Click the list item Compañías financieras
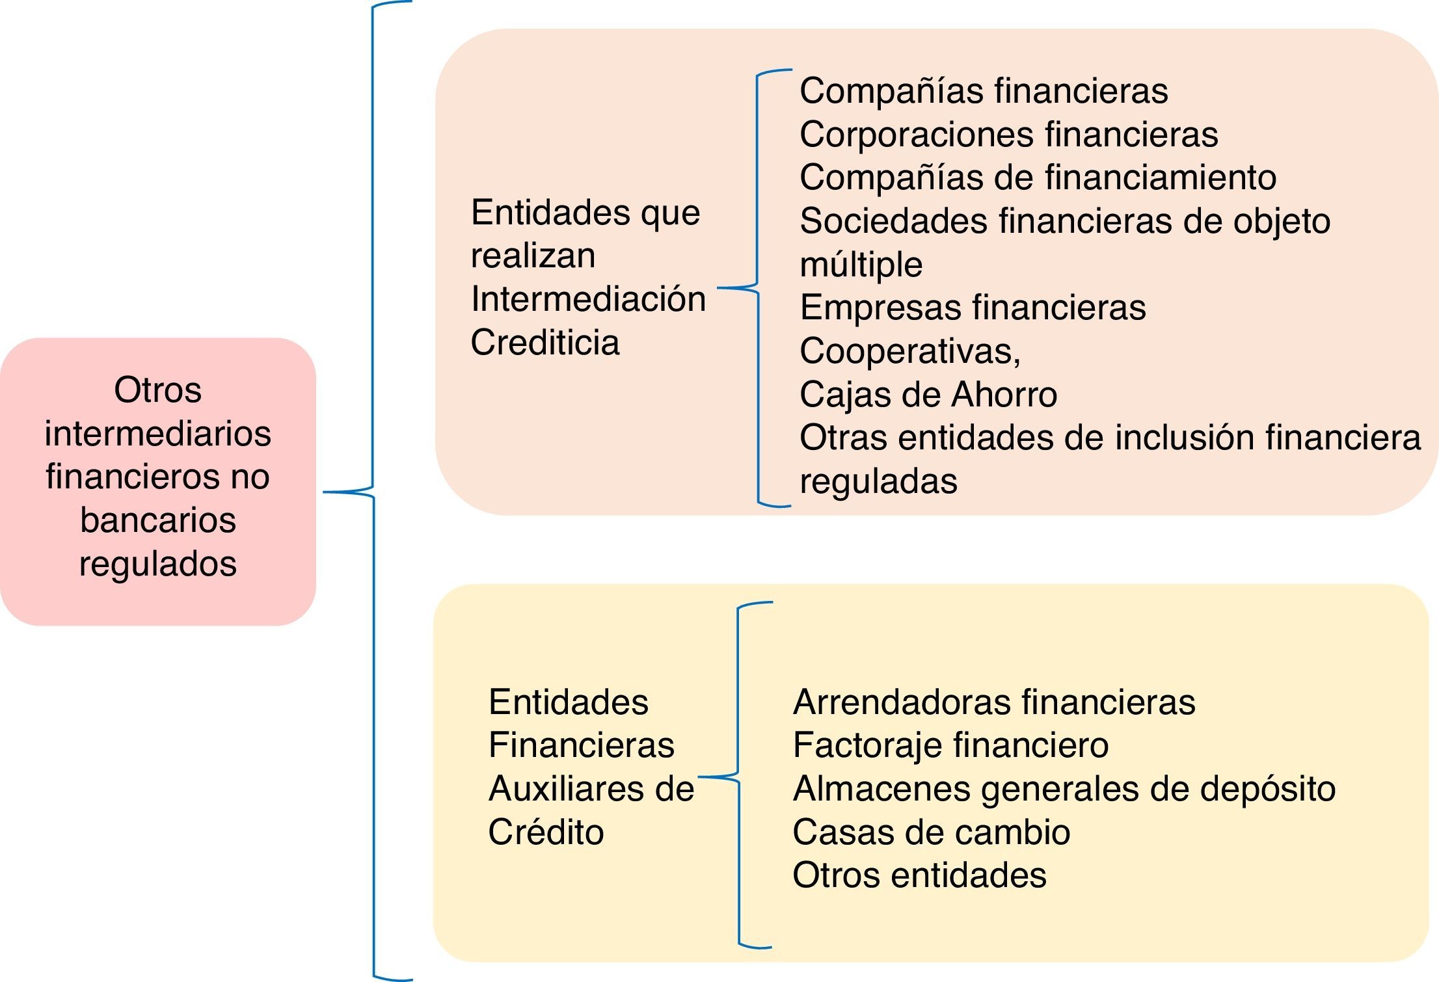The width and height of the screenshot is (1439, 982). tap(983, 91)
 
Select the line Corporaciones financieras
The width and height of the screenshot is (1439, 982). tap(1008, 135)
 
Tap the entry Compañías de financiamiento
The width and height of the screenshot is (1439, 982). tap(1038, 178)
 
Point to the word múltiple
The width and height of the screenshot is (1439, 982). tap(861, 265)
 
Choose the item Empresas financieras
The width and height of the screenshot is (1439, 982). tap(973, 308)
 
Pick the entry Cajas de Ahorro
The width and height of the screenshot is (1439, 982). tap(928, 395)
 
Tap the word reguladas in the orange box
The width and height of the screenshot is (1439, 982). tap(878, 482)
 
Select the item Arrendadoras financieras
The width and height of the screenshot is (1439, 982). tap(993, 702)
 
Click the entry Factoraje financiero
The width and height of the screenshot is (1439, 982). tap(950, 745)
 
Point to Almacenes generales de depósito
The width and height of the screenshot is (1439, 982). tap(1064, 789)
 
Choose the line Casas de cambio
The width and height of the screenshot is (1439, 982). tap(931, 832)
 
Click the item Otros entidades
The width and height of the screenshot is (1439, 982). tap(919, 875)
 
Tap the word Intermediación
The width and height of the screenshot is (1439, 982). tap(588, 299)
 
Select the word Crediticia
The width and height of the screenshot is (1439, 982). tap(545, 343)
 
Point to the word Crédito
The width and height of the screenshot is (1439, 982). tap(546, 832)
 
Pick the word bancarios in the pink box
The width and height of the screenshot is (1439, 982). tap(158, 520)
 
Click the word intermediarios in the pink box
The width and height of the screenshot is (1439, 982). tap(158, 434)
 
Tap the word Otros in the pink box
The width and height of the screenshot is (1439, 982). tap(158, 390)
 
